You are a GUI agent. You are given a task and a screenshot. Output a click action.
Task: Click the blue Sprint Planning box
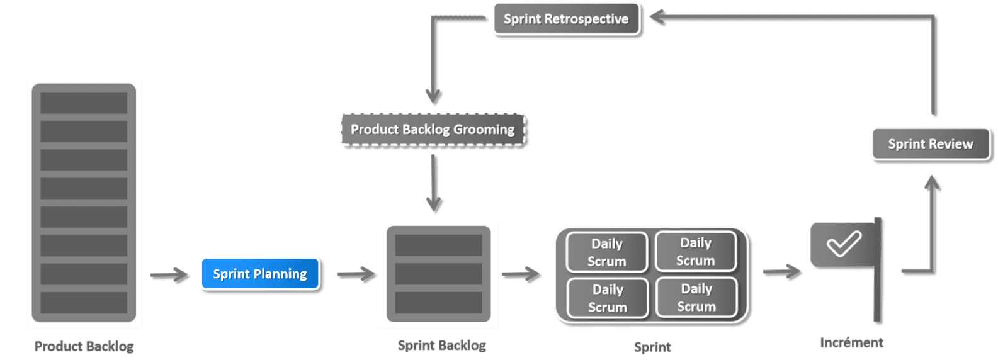click(260, 274)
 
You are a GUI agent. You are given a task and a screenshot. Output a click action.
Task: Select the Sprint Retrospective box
click(567, 19)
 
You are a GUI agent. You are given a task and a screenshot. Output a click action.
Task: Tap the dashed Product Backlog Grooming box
click(433, 129)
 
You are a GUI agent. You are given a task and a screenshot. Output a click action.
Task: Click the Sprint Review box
click(931, 144)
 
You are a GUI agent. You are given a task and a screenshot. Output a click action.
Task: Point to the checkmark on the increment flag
click(843, 244)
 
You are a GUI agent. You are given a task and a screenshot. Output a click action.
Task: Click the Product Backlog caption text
click(84, 346)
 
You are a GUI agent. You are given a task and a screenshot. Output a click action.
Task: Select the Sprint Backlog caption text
click(441, 346)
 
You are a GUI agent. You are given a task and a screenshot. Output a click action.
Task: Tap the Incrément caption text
click(851, 342)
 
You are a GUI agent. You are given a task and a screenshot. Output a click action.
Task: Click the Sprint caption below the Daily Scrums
click(652, 347)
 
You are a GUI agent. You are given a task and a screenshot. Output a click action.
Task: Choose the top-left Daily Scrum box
click(607, 252)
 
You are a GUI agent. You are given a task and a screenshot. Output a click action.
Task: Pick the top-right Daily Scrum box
click(696, 251)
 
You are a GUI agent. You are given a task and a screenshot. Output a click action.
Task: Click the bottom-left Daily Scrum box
click(608, 298)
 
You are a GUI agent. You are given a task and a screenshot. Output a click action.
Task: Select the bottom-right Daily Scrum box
click(697, 297)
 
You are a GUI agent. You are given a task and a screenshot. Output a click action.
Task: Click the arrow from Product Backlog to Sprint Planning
click(169, 275)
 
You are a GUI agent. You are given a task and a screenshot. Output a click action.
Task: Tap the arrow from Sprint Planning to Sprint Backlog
click(356, 274)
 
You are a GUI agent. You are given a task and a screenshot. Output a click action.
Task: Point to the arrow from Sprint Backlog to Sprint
click(521, 274)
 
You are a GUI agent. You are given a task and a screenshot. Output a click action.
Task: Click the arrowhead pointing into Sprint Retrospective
click(657, 18)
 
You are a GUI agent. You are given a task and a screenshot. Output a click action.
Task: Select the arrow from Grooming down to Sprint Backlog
click(433, 184)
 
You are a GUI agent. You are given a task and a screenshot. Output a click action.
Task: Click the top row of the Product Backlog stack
click(84, 103)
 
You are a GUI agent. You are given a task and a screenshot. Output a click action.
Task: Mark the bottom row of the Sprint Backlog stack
click(438, 303)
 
